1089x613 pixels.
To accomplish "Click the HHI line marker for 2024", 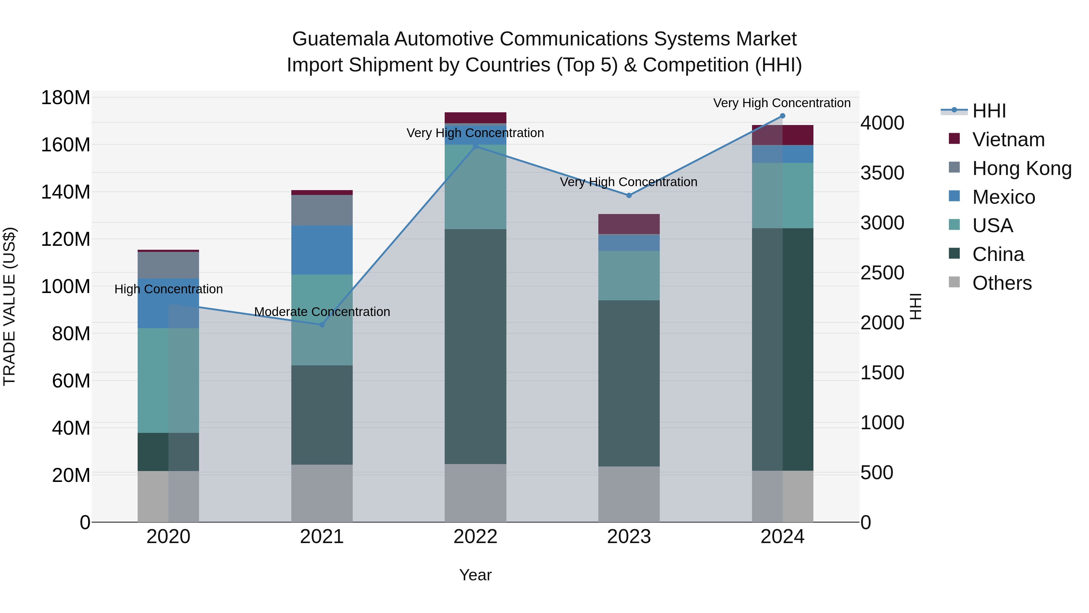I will (x=782, y=116).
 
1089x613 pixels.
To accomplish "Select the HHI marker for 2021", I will (x=322, y=325).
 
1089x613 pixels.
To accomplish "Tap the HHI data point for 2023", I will (x=629, y=196).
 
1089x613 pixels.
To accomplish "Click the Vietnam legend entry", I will (x=1008, y=140).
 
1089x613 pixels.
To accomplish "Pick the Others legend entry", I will (x=1002, y=283).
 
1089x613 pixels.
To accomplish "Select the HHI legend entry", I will (x=989, y=111).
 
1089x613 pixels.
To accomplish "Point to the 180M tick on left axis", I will (x=66, y=98).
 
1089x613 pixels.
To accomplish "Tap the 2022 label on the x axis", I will (x=475, y=537).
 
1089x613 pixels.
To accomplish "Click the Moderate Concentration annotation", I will (x=322, y=312).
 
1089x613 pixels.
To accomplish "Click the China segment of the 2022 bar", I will (x=475, y=347).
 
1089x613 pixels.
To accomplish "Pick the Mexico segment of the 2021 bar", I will (x=322, y=250).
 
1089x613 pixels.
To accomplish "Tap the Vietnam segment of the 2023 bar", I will (x=629, y=224).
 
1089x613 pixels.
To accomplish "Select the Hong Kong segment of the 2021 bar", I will (x=322, y=210).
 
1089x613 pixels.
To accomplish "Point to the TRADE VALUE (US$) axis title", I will (x=10, y=306).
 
